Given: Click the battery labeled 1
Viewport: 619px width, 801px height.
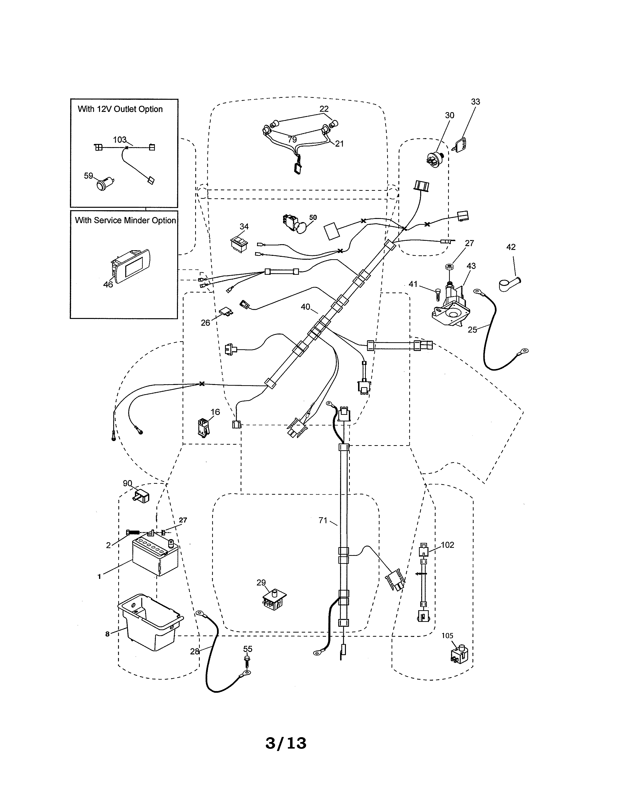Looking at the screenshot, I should coord(155,558).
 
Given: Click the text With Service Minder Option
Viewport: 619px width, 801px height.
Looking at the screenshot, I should coord(125,220).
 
